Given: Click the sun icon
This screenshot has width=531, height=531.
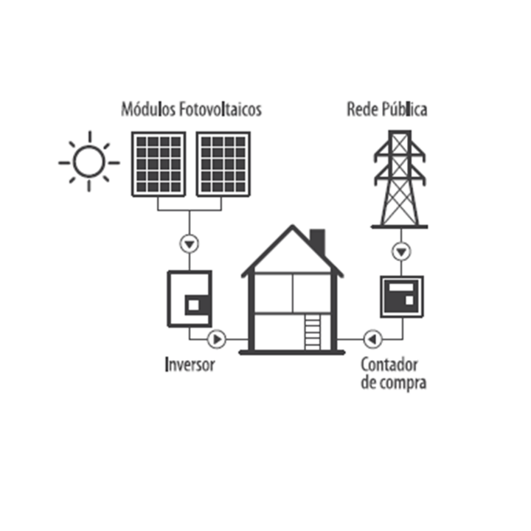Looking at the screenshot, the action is coord(89,162).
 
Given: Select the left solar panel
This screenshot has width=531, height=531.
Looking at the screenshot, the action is coord(159,164).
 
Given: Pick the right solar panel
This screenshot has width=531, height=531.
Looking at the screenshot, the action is coord(223,164).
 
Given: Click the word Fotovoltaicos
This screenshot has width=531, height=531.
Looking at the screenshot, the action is coord(221,109).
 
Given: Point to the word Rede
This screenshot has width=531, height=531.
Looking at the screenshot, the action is coord(362,109).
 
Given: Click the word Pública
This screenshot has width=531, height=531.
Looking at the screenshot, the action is coord(405,109).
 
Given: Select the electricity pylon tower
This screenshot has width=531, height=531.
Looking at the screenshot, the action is coord(400,179).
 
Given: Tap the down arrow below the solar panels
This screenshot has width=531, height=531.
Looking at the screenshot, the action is coord(190,244).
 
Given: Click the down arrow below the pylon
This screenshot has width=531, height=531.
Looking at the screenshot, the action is coord(401,251).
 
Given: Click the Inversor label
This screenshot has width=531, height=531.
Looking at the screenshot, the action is coord(190,365).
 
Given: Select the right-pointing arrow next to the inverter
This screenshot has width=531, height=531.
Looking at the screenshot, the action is coord(216,339).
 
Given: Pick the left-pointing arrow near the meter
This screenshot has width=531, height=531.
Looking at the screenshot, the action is coord(372,339).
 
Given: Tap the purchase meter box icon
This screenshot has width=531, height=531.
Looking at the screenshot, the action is coord(402,297).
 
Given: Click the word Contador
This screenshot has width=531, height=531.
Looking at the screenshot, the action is coord(389,365).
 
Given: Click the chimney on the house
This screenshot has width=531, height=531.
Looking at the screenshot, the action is coord(318,241).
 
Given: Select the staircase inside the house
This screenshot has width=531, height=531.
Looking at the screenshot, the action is coord(312,332).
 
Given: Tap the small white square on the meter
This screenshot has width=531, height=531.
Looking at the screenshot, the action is coord(409,300).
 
